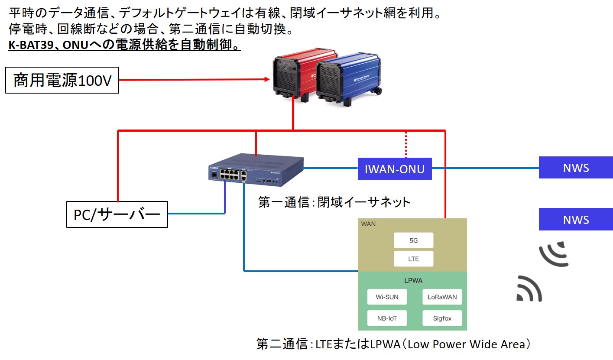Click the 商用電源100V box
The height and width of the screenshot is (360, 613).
click(x=62, y=80)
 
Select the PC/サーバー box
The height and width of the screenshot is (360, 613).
click(x=117, y=214)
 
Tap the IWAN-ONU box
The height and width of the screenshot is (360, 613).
click(x=395, y=169)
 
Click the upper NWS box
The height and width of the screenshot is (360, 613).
click(x=576, y=168)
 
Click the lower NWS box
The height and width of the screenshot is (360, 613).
click(x=576, y=219)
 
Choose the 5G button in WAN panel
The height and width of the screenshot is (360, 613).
click(x=413, y=240)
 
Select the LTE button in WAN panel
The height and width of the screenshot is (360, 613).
click(x=413, y=259)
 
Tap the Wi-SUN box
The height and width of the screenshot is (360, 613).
click(x=386, y=297)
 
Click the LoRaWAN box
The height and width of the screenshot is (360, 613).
click(x=441, y=297)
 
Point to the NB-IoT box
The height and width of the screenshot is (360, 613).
click(x=386, y=318)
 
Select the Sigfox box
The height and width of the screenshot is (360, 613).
click(x=441, y=318)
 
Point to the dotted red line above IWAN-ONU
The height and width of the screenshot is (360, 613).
click(x=406, y=144)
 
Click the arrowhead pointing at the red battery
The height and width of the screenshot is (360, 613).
click(x=267, y=80)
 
